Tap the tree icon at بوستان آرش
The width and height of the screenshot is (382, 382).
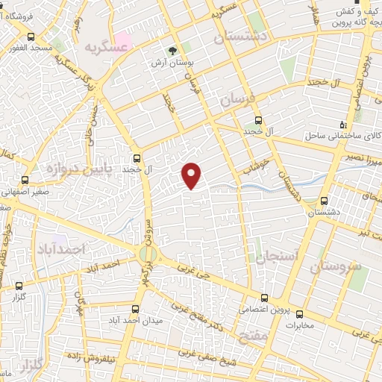point(174,51)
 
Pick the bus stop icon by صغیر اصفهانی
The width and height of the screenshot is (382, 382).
point(25,180)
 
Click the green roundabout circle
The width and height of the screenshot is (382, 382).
point(146,254)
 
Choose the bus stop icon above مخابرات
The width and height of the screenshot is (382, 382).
point(300,313)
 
